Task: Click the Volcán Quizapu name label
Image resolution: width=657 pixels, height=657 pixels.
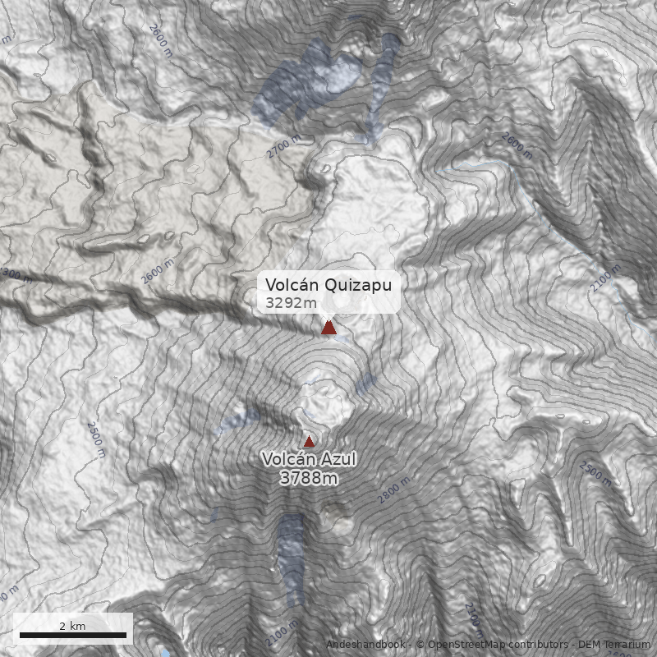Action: tap(328, 285)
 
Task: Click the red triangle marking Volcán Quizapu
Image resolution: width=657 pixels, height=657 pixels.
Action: tap(328, 328)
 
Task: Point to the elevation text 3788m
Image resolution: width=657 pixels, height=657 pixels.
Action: tap(308, 478)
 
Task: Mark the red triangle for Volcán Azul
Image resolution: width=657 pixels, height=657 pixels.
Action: tap(309, 441)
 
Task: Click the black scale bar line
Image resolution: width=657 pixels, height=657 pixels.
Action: tap(72, 635)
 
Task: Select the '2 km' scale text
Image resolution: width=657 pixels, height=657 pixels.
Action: tap(72, 626)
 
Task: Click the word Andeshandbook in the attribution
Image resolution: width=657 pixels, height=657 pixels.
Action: tap(365, 645)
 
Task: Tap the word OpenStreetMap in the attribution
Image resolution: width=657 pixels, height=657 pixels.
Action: tap(465, 645)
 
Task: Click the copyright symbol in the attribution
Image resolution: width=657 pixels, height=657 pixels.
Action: tap(420, 645)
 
